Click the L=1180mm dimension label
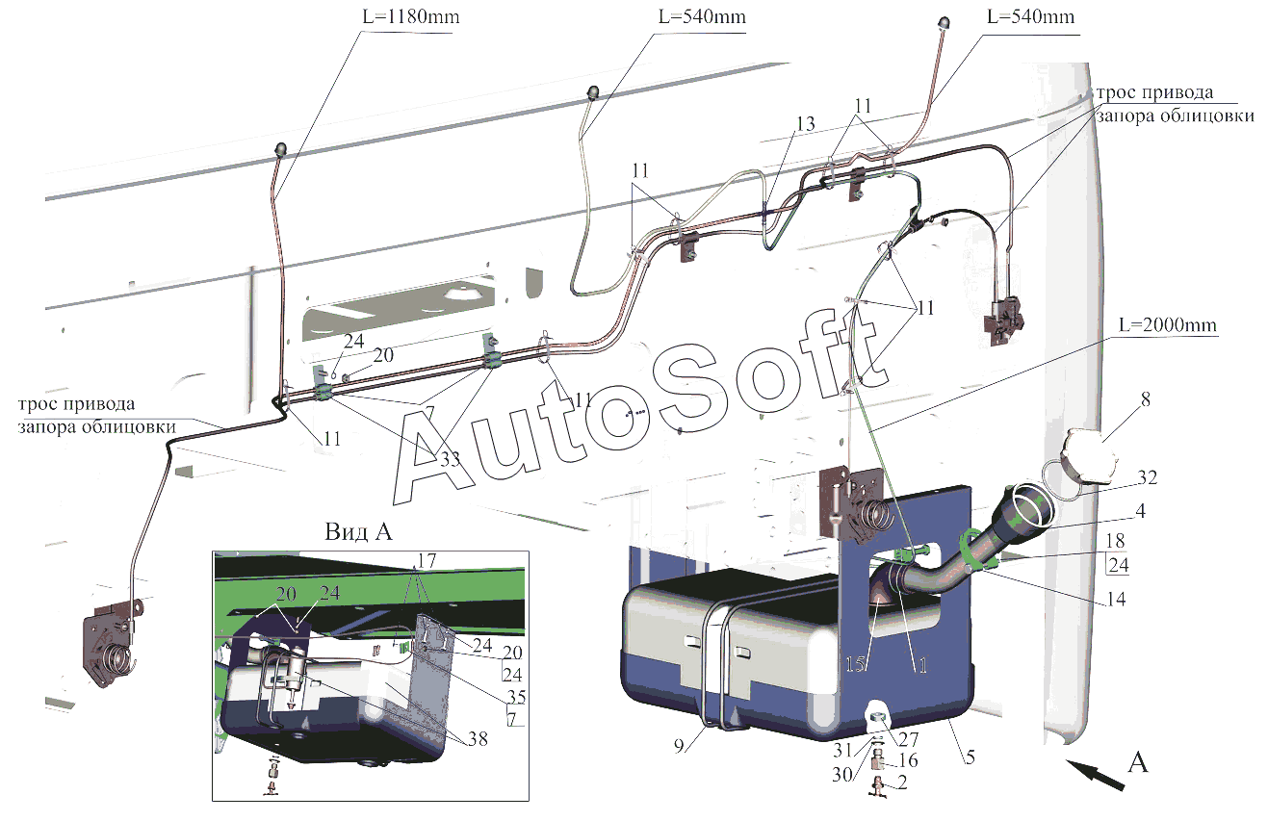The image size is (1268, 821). pos(410,17)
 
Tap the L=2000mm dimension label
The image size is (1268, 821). pos(1167,325)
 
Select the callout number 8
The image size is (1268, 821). pos(1145,399)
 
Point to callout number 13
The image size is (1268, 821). pos(805,124)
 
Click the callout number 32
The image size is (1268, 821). pos(1147,477)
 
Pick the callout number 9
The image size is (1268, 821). pos(679,746)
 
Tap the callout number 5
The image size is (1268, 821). pos(970,757)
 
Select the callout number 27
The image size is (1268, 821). pos(908,739)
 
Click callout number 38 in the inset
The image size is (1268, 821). pos(478,739)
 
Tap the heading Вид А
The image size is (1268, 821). pos(358,532)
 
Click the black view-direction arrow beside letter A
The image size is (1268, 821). pos(1095,774)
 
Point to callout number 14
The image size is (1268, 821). pos(1115,599)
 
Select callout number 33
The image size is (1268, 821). pos(450,459)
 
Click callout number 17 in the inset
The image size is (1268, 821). pos(427,561)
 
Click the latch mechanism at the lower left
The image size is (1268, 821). pos(114,642)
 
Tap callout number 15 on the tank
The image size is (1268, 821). pos(855,664)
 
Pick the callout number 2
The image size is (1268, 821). pos(902,783)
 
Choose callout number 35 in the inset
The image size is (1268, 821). pos(516,697)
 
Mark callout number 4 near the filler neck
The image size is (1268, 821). pos(1140,511)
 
